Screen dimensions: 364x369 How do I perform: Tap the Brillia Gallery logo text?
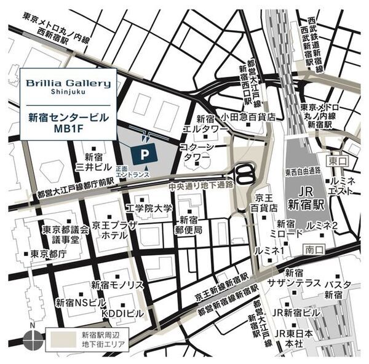(x=68, y=83)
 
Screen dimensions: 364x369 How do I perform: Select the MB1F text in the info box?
(x=68, y=129)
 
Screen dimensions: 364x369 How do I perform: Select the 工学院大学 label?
(x=149, y=209)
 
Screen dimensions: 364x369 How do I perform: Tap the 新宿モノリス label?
(x=117, y=285)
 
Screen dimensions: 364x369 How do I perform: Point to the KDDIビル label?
(x=122, y=313)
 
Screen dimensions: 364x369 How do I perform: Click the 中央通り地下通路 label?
(x=201, y=184)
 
